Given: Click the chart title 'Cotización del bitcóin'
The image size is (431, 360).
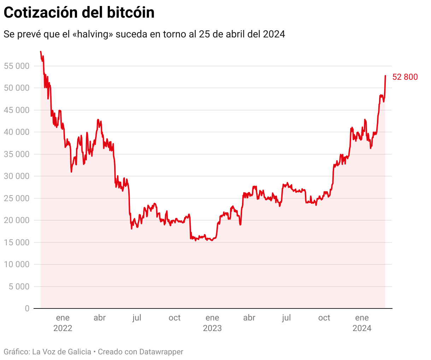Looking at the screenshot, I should [79, 13].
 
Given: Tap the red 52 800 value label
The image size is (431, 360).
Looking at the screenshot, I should [405, 77].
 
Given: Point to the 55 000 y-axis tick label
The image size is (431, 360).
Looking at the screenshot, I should [17, 66].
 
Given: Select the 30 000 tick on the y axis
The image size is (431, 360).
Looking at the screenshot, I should [17, 176].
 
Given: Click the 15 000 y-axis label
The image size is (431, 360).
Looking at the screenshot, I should [17, 242].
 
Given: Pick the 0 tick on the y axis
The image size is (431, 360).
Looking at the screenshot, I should [27, 308].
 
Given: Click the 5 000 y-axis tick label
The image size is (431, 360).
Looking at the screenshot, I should [19, 287].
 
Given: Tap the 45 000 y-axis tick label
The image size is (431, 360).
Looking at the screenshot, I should [17, 110].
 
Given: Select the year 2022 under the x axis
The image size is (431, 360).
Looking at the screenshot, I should [63, 328].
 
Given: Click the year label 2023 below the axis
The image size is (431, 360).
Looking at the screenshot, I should [212, 328].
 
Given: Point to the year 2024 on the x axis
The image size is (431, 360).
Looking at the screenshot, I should [362, 328].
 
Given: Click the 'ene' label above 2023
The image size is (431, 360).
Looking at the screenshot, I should [212, 318].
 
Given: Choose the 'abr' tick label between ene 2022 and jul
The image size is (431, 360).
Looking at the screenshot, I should [100, 318].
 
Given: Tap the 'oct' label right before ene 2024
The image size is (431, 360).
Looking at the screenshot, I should [324, 318].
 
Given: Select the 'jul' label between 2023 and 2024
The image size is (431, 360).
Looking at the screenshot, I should [287, 318].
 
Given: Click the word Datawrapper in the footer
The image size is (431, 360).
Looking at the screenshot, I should [161, 352].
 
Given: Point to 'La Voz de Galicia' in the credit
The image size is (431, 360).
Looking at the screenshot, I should [61, 352].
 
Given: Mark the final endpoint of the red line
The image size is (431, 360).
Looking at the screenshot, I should [385, 76].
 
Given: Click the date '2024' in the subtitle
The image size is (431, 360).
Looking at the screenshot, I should [274, 34].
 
